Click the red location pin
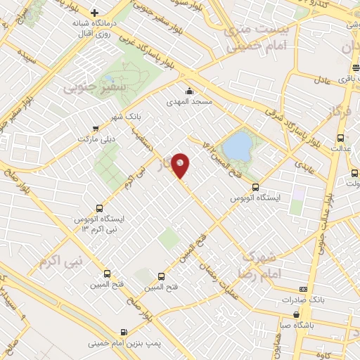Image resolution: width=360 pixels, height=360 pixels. coord(181,164)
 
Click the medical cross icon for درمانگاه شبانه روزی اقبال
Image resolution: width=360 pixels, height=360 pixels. coord(94,12)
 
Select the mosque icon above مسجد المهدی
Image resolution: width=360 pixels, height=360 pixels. coord(189,91)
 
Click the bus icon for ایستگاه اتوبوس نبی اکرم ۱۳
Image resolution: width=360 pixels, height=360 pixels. coord(98,209)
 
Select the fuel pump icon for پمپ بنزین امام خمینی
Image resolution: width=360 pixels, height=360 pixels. coord(124,332)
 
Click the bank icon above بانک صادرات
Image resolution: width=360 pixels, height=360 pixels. coord(303,289)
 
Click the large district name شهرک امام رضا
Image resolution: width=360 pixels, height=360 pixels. coord(260,264)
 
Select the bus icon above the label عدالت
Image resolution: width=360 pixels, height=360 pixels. coord(341,138)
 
